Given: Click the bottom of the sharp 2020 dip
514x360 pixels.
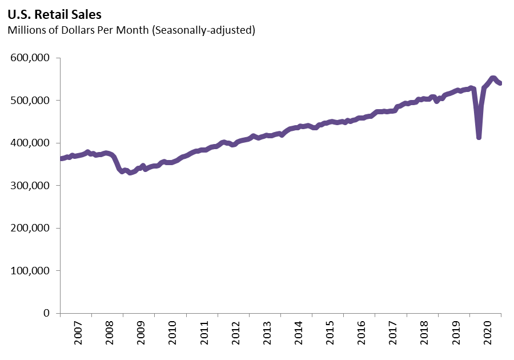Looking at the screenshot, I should [479, 137].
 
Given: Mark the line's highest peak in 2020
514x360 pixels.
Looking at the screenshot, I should [493, 78].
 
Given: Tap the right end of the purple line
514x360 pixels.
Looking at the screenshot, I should [500, 83].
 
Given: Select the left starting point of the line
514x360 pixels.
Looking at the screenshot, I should [61, 158].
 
